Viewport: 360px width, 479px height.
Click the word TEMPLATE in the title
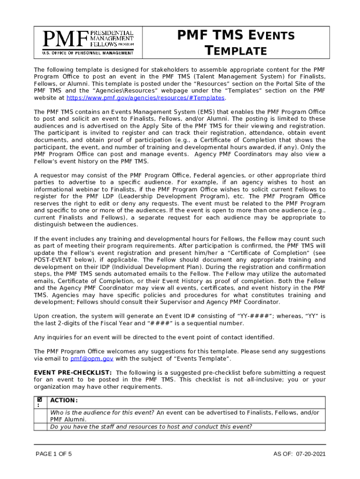(x=236, y=51)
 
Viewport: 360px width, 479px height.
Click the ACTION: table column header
(x=64, y=400)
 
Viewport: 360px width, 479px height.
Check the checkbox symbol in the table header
(x=40, y=400)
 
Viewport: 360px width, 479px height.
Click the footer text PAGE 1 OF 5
(x=54, y=454)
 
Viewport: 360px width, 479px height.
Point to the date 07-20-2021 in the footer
(x=311, y=454)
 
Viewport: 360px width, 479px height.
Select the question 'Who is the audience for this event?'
(x=102, y=412)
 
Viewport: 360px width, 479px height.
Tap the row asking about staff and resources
(x=151, y=426)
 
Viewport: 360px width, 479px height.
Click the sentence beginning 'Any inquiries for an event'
(x=154, y=337)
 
